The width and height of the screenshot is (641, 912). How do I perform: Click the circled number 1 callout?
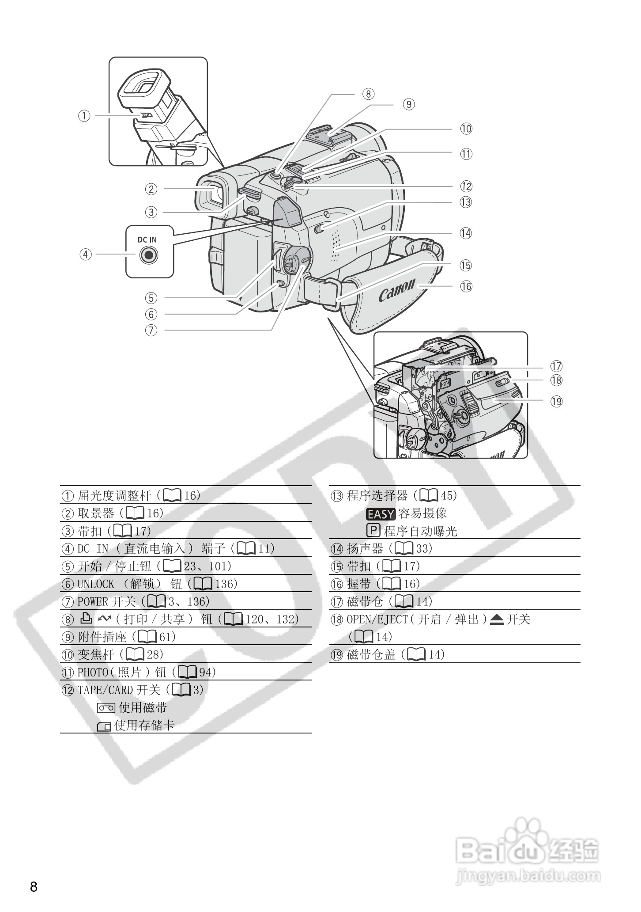pyautogui.click(x=84, y=116)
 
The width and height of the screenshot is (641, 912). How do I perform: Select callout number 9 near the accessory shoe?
pyautogui.click(x=409, y=104)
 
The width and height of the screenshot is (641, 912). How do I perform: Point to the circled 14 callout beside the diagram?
pyautogui.click(x=466, y=233)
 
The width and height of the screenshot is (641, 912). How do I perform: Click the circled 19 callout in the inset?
pyautogui.click(x=556, y=401)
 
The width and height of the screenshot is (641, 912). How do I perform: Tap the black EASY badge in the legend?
pyautogui.click(x=381, y=514)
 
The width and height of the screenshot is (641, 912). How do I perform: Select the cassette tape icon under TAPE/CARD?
pyautogui.click(x=106, y=708)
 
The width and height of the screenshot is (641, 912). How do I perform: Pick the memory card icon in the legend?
pyautogui.click(x=104, y=726)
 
